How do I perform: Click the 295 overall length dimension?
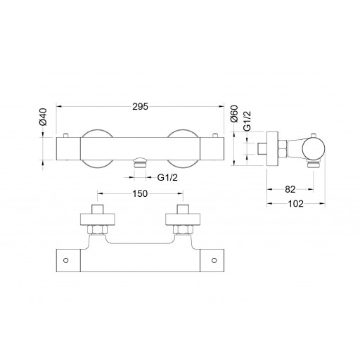pyautogui.click(x=141, y=107)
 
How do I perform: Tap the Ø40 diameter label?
pyautogui.click(x=44, y=117)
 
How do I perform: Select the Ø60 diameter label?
pyautogui.click(x=235, y=114)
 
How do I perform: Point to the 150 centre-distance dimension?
pyautogui.click(x=140, y=193)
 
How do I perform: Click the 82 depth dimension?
pyautogui.click(x=290, y=189)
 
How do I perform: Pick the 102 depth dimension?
pyautogui.click(x=295, y=204)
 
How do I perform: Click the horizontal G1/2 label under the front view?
pyautogui.click(x=167, y=177)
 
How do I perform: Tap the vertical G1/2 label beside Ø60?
pyautogui.click(x=247, y=121)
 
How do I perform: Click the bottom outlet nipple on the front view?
pyautogui.click(x=140, y=162)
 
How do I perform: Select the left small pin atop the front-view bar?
pyautogui.click(x=66, y=136)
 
